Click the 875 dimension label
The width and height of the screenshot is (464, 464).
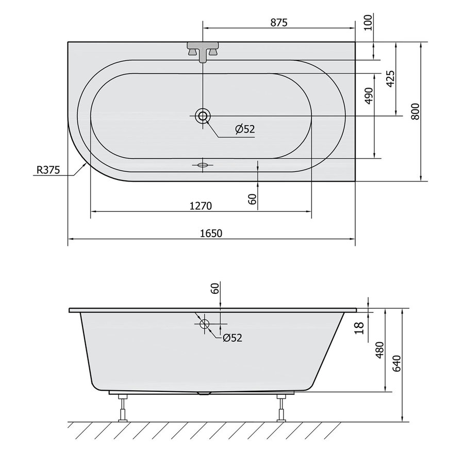(x=277, y=22)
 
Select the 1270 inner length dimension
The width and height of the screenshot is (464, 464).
(x=201, y=206)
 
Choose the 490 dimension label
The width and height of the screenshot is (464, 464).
(x=369, y=96)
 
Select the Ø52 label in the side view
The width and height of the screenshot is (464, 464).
(x=233, y=338)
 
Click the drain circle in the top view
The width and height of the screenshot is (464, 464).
(x=203, y=117)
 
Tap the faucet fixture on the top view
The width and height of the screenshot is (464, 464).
(x=204, y=51)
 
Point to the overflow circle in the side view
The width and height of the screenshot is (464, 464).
(x=204, y=324)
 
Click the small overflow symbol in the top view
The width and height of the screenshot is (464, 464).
(x=202, y=165)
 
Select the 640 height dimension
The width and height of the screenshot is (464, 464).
(x=396, y=363)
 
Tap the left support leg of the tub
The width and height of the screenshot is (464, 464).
(x=123, y=407)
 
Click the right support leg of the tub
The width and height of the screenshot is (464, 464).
(x=281, y=407)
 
